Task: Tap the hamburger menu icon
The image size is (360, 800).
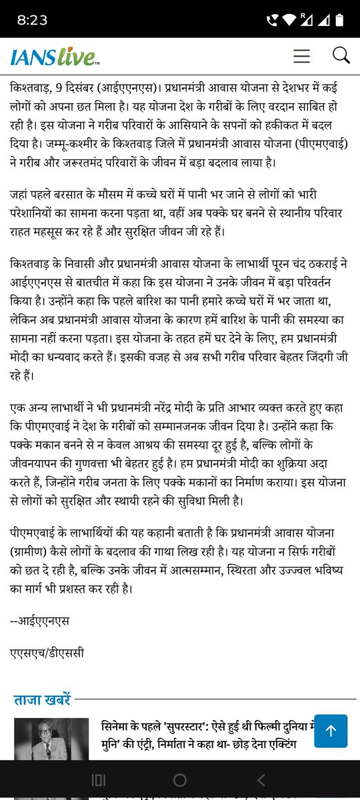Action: tap(301, 56)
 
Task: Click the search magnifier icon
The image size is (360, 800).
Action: tap(341, 55)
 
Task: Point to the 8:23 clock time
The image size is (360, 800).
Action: tap(32, 20)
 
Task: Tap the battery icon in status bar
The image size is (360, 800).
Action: tap(341, 20)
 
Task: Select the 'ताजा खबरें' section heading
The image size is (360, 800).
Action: tap(41, 700)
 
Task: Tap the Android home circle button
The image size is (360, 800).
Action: tap(179, 779)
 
